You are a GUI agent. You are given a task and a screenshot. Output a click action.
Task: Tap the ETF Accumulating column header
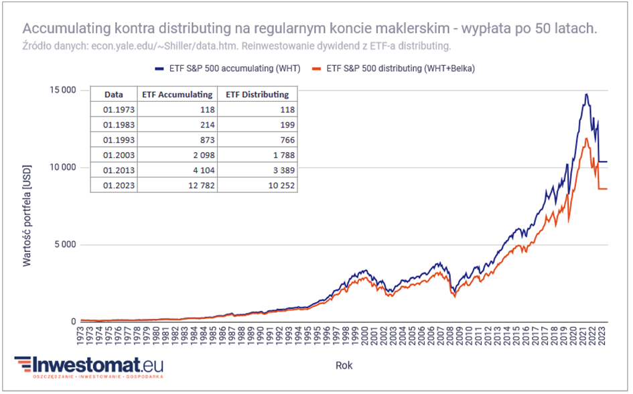coord(178,94)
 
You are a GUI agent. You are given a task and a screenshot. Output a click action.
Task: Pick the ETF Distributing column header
coord(257,94)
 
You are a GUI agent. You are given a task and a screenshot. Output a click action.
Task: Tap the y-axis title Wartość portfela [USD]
coord(27,207)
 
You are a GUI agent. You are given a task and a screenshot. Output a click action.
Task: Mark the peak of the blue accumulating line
coord(587,94)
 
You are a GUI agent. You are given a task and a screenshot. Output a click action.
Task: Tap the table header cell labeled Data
coord(114,94)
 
